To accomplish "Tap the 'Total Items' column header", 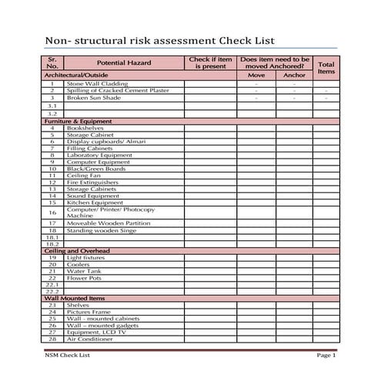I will (x=326, y=67).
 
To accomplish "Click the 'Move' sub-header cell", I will (x=256, y=75).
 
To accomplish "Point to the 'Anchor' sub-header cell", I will (x=294, y=75).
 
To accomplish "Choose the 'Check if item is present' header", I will (x=210, y=62).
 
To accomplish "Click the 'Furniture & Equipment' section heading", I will (x=78, y=121).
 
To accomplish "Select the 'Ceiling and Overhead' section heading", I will (x=77, y=251).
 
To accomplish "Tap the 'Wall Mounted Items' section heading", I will (x=75, y=298).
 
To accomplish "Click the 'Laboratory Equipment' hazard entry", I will (x=99, y=155).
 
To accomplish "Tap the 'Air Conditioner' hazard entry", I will (x=90, y=339).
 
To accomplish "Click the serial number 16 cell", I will (x=52, y=212).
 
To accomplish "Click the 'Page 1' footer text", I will (x=326, y=355).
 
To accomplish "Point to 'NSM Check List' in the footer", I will (x=68, y=355).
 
